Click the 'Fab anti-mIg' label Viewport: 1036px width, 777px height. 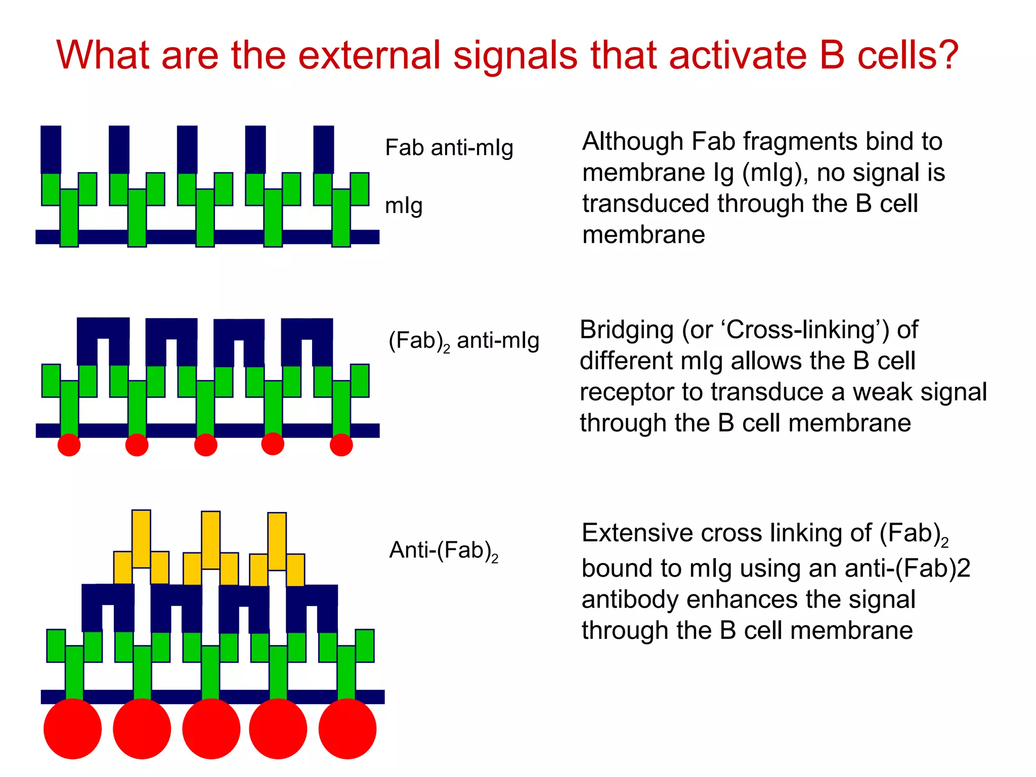(449, 148)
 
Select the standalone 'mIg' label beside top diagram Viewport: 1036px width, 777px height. (403, 205)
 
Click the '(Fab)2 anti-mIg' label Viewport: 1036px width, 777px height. (463, 340)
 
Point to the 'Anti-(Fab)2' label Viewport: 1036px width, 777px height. (443, 550)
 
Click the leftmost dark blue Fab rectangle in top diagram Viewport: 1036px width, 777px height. (51, 149)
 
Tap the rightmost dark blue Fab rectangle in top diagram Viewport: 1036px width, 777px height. (323, 149)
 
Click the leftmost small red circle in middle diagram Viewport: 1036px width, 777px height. (69, 445)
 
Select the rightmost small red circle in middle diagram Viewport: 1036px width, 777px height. (341, 445)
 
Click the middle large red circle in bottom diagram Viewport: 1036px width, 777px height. (211, 728)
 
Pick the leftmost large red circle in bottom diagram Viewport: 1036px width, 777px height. (72, 728)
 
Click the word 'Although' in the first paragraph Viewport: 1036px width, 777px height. (632, 142)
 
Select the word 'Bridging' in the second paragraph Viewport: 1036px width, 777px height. (626, 330)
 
